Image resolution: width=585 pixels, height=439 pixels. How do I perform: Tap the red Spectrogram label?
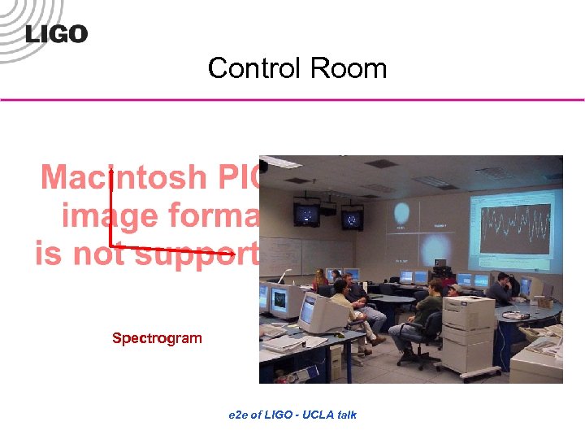tap(157, 338)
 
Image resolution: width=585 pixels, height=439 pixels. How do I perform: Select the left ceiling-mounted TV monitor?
tap(306, 215)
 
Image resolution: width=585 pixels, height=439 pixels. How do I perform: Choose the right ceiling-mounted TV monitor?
tap(351, 219)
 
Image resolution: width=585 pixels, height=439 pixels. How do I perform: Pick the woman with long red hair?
tap(322, 281)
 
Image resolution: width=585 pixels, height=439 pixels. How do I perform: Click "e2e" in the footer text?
tap(240, 415)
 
